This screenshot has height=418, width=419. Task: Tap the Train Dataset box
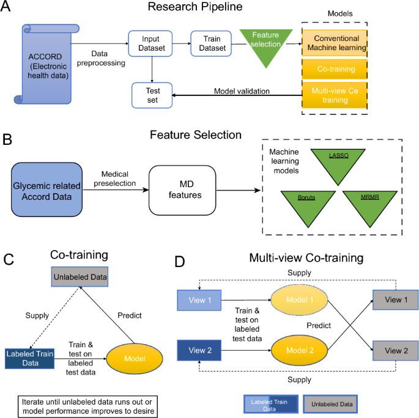pyautogui.click(x=209, y=43)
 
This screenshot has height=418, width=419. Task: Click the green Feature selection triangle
pyautogui.click(x=264, y=42)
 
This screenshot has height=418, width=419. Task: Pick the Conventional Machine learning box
pyautogui.click(x=335, y=42)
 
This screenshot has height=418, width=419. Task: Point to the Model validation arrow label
pyautogui.click(x=242, y=92)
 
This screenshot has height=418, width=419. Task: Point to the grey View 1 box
pyautogui.click(x=393, y=301)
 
